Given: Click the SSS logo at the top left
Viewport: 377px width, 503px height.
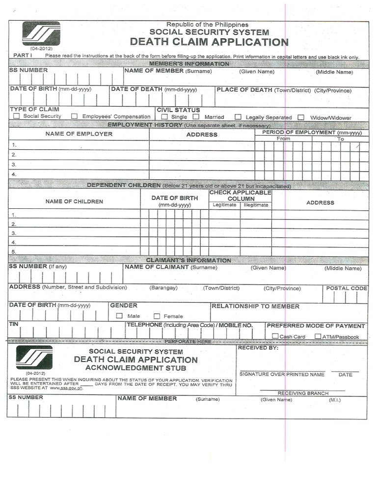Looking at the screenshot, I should pos(41,33).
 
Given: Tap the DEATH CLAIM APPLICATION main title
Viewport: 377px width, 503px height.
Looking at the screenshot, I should pos(209,42).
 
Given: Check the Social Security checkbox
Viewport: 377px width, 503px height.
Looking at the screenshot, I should pos(17,116).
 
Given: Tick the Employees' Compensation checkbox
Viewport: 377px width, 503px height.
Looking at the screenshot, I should pos(75,116).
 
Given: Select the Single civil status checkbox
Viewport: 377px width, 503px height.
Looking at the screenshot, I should pos(164,117).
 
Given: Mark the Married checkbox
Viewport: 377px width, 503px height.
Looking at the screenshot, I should pos(196,117).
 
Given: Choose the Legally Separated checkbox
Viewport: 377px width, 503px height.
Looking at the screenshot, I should pos(238,117).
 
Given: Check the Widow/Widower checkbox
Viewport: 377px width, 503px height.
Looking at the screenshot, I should pos(301,117).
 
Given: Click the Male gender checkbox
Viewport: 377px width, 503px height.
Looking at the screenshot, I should pos(119,316).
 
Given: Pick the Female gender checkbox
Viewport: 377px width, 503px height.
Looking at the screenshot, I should pos(157,316).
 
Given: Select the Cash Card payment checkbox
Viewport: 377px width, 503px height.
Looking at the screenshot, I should pos(275,336).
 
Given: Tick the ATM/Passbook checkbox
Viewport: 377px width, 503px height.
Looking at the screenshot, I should pos(318,336).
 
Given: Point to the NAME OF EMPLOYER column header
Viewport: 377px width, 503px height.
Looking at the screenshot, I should pos(79,134).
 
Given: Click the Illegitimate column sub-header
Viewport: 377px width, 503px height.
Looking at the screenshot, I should pos(256,205).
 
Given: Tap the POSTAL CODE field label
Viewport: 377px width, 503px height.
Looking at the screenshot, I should pos(347,288).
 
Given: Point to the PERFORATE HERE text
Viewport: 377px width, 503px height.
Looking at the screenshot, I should pos(188,341).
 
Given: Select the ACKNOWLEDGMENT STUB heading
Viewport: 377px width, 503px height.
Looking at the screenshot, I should pos(136,368).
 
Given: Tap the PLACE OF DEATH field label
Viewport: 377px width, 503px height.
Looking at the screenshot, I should pos(244,90).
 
